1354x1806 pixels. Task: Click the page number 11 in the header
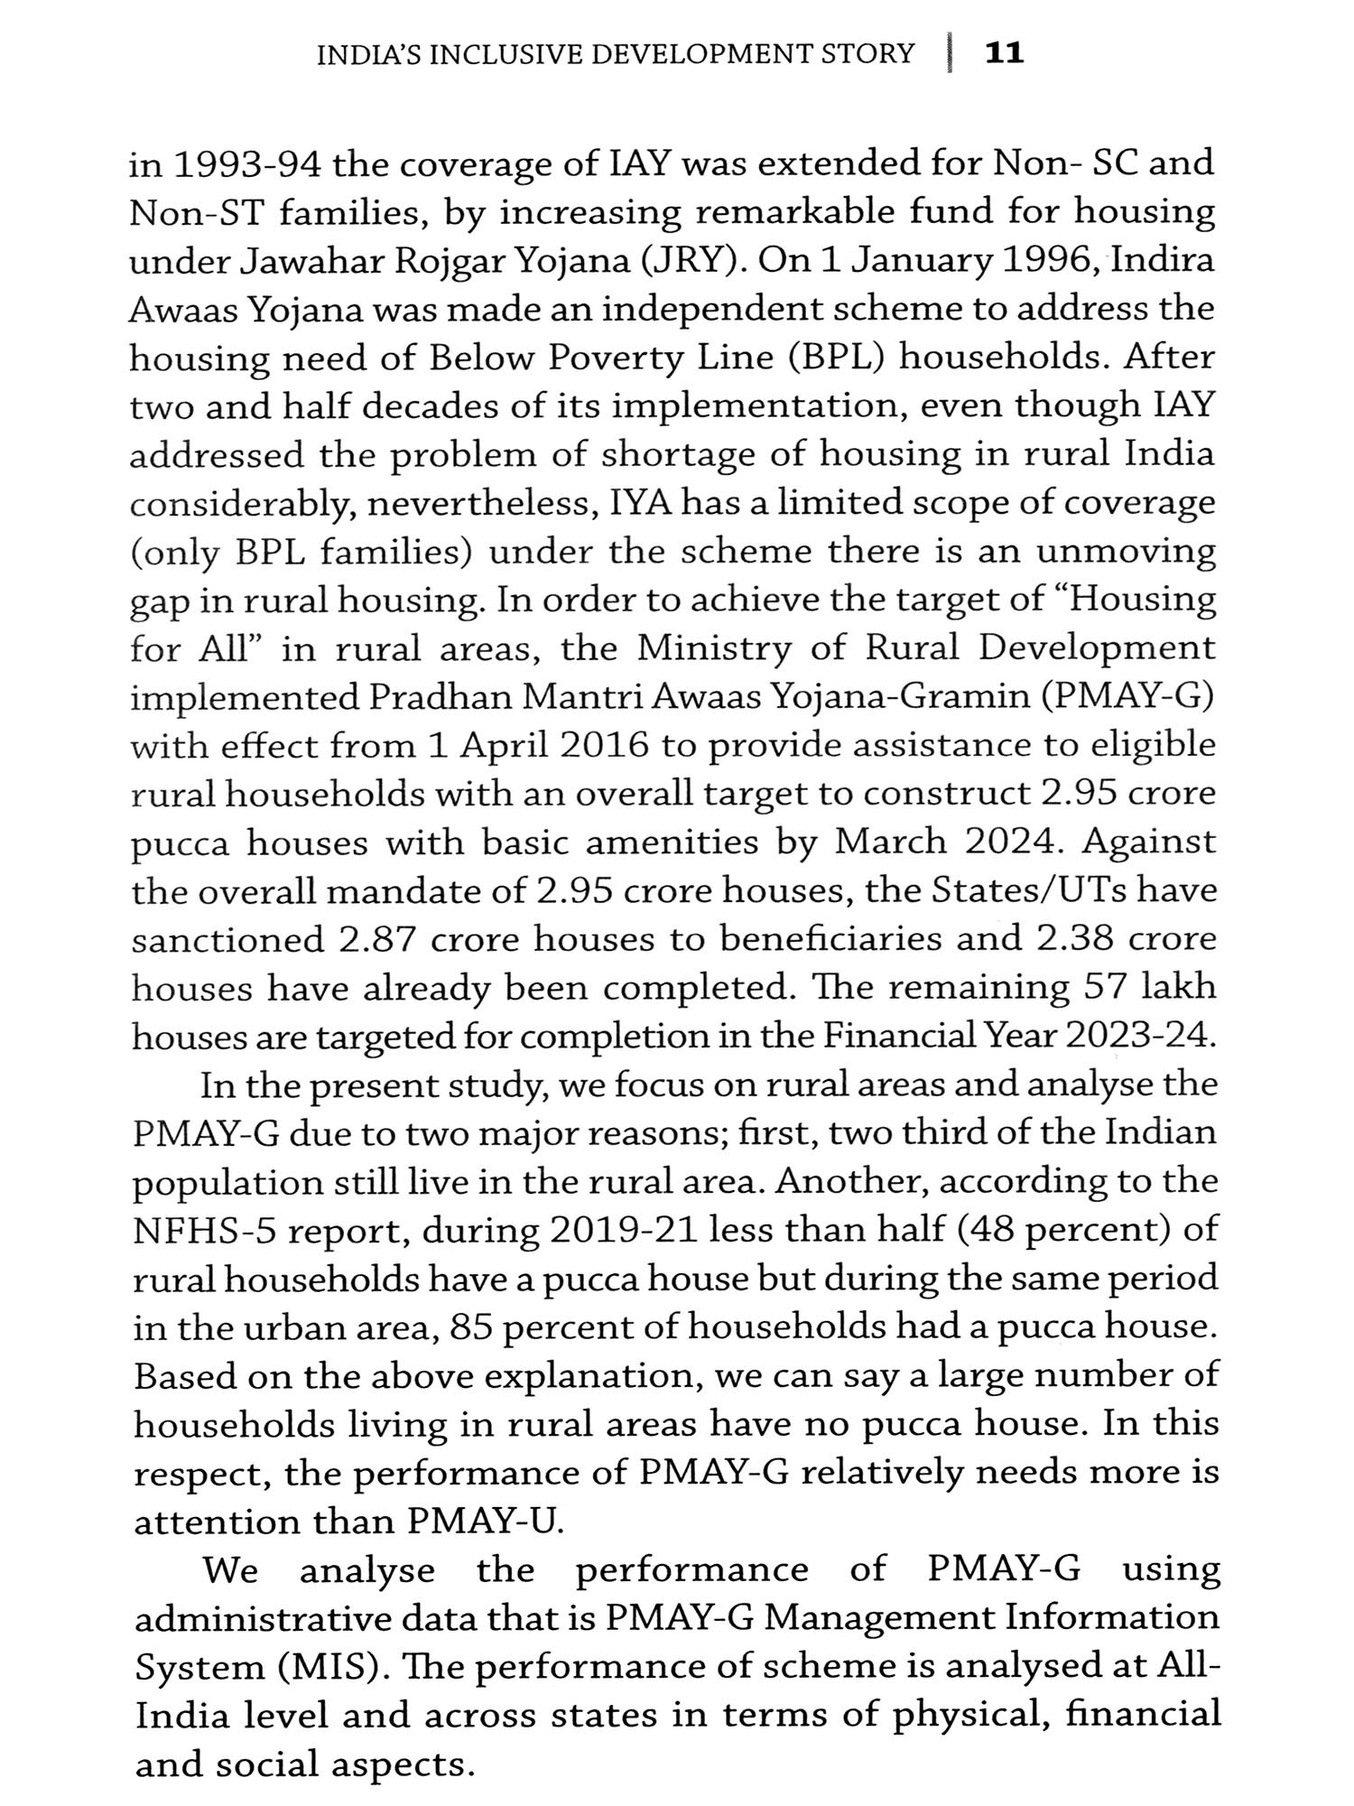pyautogui.click(x=1005, y=53)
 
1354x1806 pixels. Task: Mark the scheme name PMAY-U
pyautogui.click(x=485, y=1522)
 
